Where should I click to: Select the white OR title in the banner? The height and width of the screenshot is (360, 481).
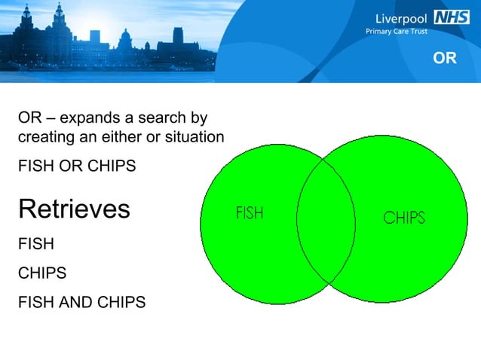445,58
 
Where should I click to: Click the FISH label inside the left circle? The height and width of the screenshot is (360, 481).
249,213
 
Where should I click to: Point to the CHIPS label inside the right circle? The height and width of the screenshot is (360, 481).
403,218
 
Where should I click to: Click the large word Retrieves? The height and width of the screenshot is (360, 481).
74,209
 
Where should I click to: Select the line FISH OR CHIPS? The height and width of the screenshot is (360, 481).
77,165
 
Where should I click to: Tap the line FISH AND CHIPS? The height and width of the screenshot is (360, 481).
81,302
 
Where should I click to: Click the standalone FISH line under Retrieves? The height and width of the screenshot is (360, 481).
35,244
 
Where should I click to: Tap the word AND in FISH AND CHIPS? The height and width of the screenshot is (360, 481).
77,302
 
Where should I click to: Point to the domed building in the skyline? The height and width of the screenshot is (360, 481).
124,38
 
